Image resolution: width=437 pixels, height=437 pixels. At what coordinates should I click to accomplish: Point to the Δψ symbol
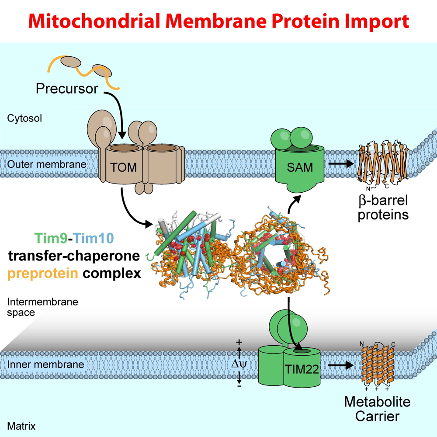240,363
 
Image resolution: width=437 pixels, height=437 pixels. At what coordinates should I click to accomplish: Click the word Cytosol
25,118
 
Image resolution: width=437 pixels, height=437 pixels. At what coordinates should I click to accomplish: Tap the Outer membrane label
47,165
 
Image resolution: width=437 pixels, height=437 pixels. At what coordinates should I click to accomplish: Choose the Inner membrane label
45,364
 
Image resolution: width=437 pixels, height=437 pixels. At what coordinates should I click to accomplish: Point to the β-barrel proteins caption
383,208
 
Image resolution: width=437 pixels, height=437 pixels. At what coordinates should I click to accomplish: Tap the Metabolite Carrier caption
377,408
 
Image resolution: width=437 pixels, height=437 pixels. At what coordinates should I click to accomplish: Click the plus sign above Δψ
239,342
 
